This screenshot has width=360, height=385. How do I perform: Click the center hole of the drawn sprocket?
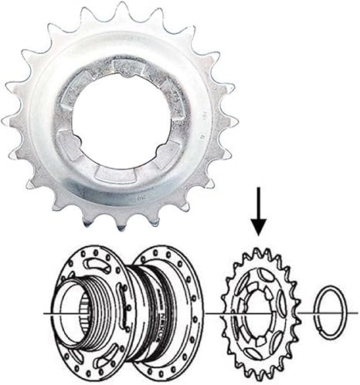click(x=259, y=312)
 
